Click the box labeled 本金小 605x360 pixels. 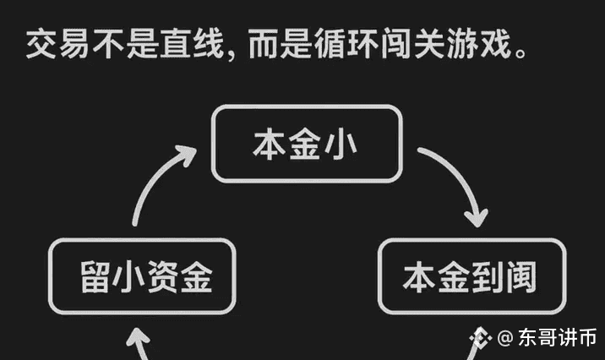pyautogui.click(x=305, y=143)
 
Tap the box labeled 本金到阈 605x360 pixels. pyautogui.click(x=471, y=276)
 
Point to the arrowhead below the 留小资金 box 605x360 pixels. pyautogui.click(x=138, y=342)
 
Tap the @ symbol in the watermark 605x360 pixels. pyautogui.click(x=504, y=338)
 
